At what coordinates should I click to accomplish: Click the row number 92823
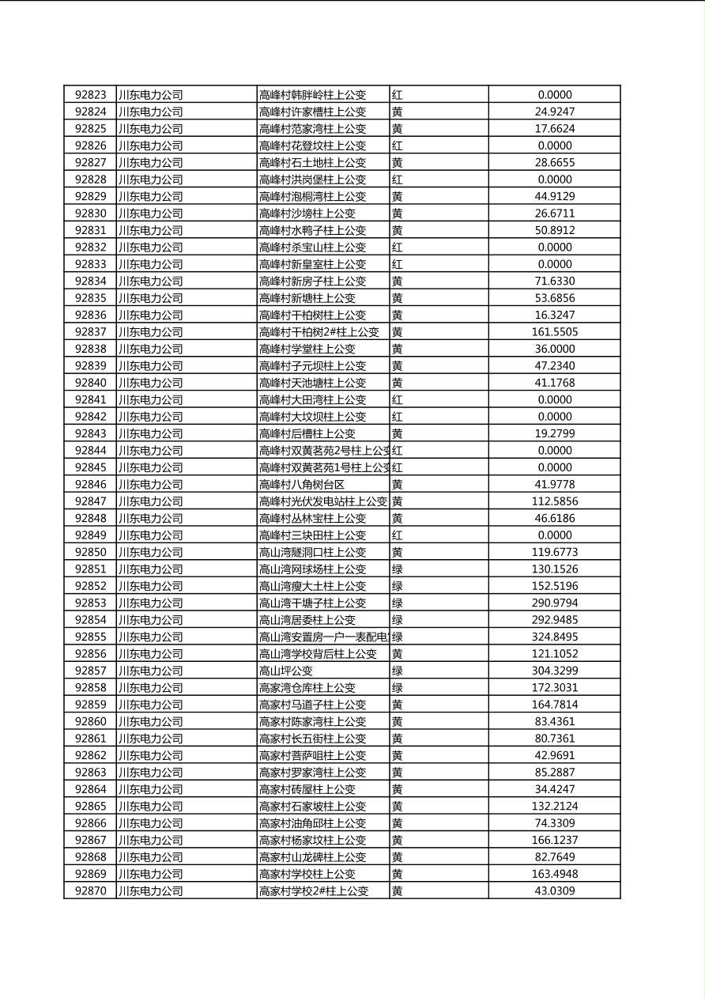[90, 95]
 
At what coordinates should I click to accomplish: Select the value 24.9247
[554, 112]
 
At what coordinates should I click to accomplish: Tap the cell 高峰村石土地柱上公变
[312, 162]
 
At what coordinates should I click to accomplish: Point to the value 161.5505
[554, 332]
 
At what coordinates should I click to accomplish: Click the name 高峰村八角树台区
[301, 484]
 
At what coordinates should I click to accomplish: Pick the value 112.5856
[554, 501]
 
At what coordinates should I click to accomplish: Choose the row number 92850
[90, 552]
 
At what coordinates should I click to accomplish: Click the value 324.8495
[554, 637]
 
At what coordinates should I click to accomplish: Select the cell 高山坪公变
[285, 671]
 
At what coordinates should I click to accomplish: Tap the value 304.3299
[554, 671]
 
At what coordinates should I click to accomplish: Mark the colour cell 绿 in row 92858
[398, 688]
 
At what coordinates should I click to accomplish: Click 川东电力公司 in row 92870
[150, 891]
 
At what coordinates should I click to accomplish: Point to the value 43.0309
[554, 891]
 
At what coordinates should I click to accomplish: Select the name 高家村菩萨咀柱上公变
[312, 755]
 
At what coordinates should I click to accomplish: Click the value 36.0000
[554, 349]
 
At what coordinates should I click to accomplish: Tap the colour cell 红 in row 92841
[398, 399]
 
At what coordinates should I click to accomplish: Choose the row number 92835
[90, 298]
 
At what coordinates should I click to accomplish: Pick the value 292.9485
[554, 620]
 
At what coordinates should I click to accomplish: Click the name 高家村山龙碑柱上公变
[312, 857]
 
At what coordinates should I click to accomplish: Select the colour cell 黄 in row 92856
[398, 654]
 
